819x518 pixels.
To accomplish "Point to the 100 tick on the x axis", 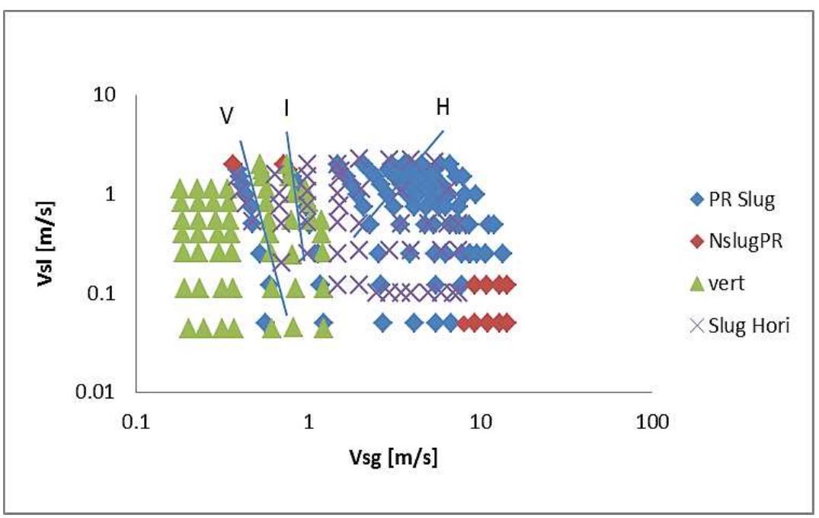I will tap(651, 421).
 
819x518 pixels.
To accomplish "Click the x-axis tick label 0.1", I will tap(136, 421).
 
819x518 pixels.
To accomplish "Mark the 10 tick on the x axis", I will tap(480, 421).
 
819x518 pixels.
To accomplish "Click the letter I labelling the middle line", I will tap(286, 109).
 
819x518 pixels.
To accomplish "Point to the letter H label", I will tap(443, 107).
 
